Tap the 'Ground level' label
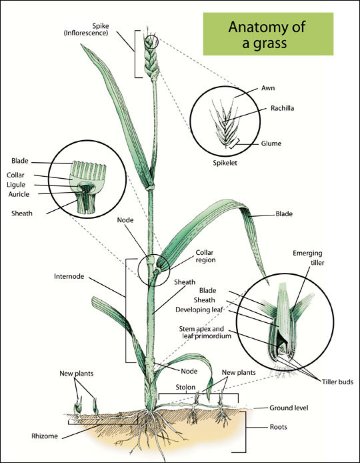[x=289, y=407]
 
